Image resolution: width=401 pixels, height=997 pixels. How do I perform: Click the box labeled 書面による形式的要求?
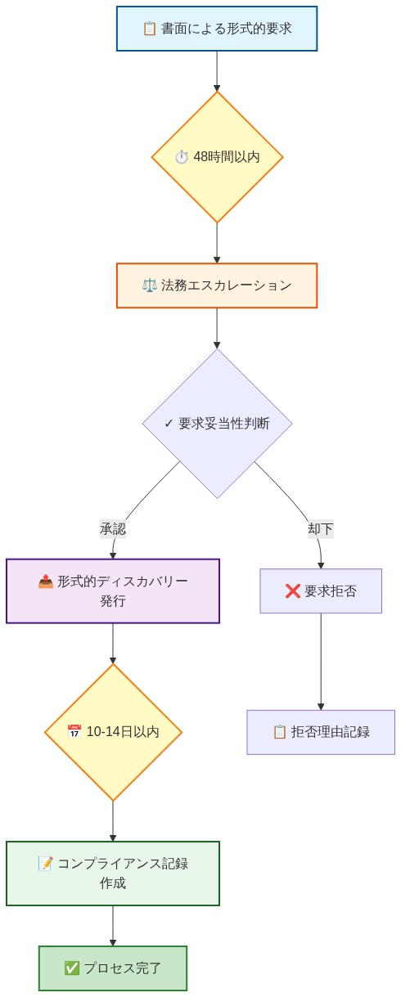[x=217, y=29]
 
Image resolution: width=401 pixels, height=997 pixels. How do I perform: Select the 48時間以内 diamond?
[x=217, y=157]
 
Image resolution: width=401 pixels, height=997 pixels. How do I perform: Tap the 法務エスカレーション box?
[x=217, y=285]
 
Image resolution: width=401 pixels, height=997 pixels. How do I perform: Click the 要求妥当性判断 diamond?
[x=217, y=424]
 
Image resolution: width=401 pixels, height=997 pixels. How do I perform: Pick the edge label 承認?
[x=113, y=528]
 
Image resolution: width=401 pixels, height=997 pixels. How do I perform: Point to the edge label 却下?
[x=320, y=528]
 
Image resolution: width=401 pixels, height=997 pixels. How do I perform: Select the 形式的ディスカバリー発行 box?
[x=113, y=591]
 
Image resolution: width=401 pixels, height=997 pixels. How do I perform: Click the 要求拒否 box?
[x=321, y=591]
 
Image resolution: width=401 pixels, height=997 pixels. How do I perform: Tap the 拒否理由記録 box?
[x=321, y=732]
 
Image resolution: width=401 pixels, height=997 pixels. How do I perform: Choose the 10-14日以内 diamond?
[x=113, y=732]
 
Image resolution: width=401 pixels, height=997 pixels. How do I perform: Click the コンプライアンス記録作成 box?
[x=113, y=873]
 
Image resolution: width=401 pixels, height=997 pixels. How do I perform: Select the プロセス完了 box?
[x=113, y=968]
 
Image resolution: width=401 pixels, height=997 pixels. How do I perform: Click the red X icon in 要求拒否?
[x=292, y=591]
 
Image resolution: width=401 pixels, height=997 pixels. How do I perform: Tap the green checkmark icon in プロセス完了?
[x=71, y=968]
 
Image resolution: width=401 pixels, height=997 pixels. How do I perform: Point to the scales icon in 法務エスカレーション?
[x=149, y=285]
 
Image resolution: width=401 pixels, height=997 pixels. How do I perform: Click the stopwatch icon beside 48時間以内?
[x=182, y=157]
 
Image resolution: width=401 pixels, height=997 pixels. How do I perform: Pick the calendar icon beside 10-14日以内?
[x=74, y=732]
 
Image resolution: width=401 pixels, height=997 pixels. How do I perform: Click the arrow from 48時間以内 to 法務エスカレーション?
[x=217, y=243]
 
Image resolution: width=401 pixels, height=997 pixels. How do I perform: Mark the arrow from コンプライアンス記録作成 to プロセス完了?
[x=113, y=926]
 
